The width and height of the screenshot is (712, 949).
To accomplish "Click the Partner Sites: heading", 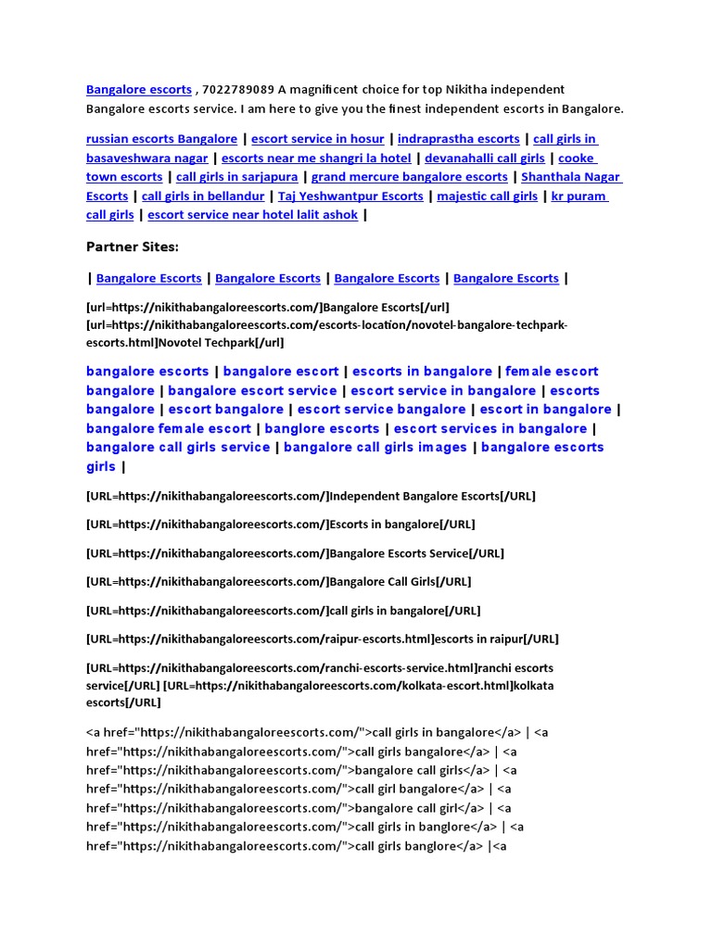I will (132, 247).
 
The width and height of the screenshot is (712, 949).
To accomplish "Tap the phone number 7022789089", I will (236, 90).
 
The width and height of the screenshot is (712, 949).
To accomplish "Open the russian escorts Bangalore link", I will (161, 139).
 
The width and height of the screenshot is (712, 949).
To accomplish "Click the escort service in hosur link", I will (318, 139).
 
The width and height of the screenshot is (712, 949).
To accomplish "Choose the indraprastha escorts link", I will (458, 139).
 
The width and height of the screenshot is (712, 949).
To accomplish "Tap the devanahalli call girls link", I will (485, 158).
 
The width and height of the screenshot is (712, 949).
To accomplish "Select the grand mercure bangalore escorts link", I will (409, 177).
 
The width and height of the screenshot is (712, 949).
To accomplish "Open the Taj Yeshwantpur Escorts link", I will (350, 196).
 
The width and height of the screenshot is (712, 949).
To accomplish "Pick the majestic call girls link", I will (487, 196).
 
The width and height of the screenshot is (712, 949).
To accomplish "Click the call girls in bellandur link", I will (203, 196).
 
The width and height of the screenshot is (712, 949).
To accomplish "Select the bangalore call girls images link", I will (375, 448).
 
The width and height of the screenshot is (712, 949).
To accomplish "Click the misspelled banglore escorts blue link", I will (322, 428).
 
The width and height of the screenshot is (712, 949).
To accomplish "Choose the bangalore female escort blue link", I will (169, 428).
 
